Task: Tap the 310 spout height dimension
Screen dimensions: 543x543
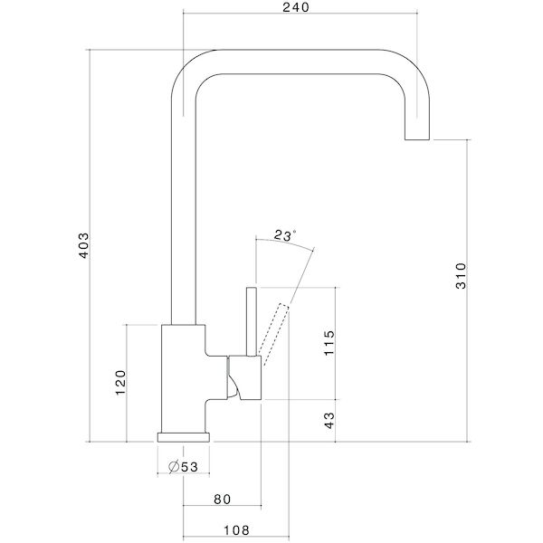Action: click(460, 274)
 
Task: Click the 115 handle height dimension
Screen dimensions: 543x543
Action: click(329, 344)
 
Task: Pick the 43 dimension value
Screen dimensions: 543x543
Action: click(329, 421)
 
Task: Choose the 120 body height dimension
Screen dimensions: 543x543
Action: click(120, 384)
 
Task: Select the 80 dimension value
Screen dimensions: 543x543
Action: click(223, 499)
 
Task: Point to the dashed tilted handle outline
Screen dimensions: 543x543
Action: click(275, 328)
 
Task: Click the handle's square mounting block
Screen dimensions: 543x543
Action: click(244, 376)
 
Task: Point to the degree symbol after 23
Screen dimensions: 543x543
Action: click(295, 233)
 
